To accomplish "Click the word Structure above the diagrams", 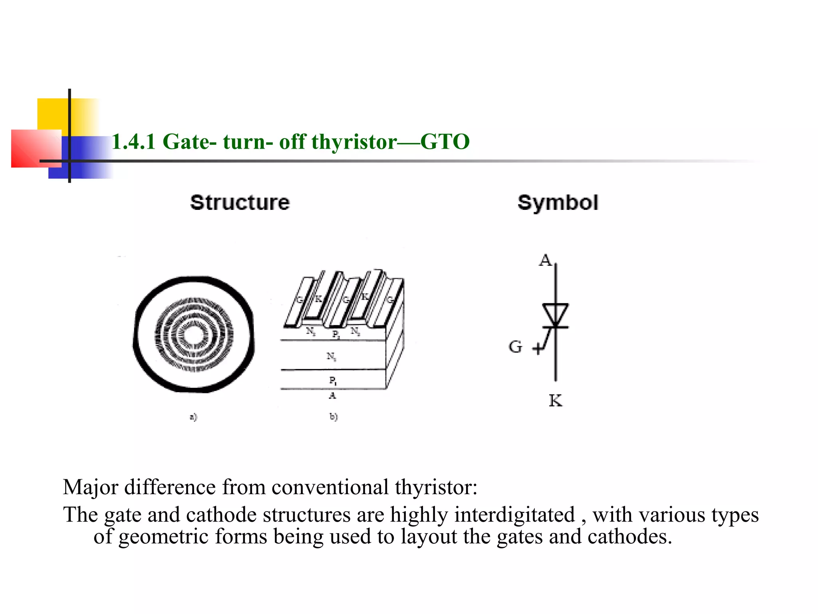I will click(240, 203).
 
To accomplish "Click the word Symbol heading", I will click(558, 203).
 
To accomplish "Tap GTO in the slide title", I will click(445, 142).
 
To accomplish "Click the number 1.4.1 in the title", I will click(133, 142).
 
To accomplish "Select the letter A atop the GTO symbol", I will click(545, 260).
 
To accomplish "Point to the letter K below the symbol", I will click(555, 400).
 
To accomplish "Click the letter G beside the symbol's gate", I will click(515, 347).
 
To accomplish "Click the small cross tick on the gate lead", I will click(538, 349).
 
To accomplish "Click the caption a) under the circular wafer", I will click(193, 417).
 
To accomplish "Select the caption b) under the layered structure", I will click(334, 417).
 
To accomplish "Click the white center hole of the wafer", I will click(194, 335).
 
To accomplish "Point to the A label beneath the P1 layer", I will click(332, 396).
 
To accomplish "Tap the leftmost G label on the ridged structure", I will click(300, 300).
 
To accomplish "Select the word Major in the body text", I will click(90, 487).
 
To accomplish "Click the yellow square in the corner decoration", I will click(52, 114).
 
